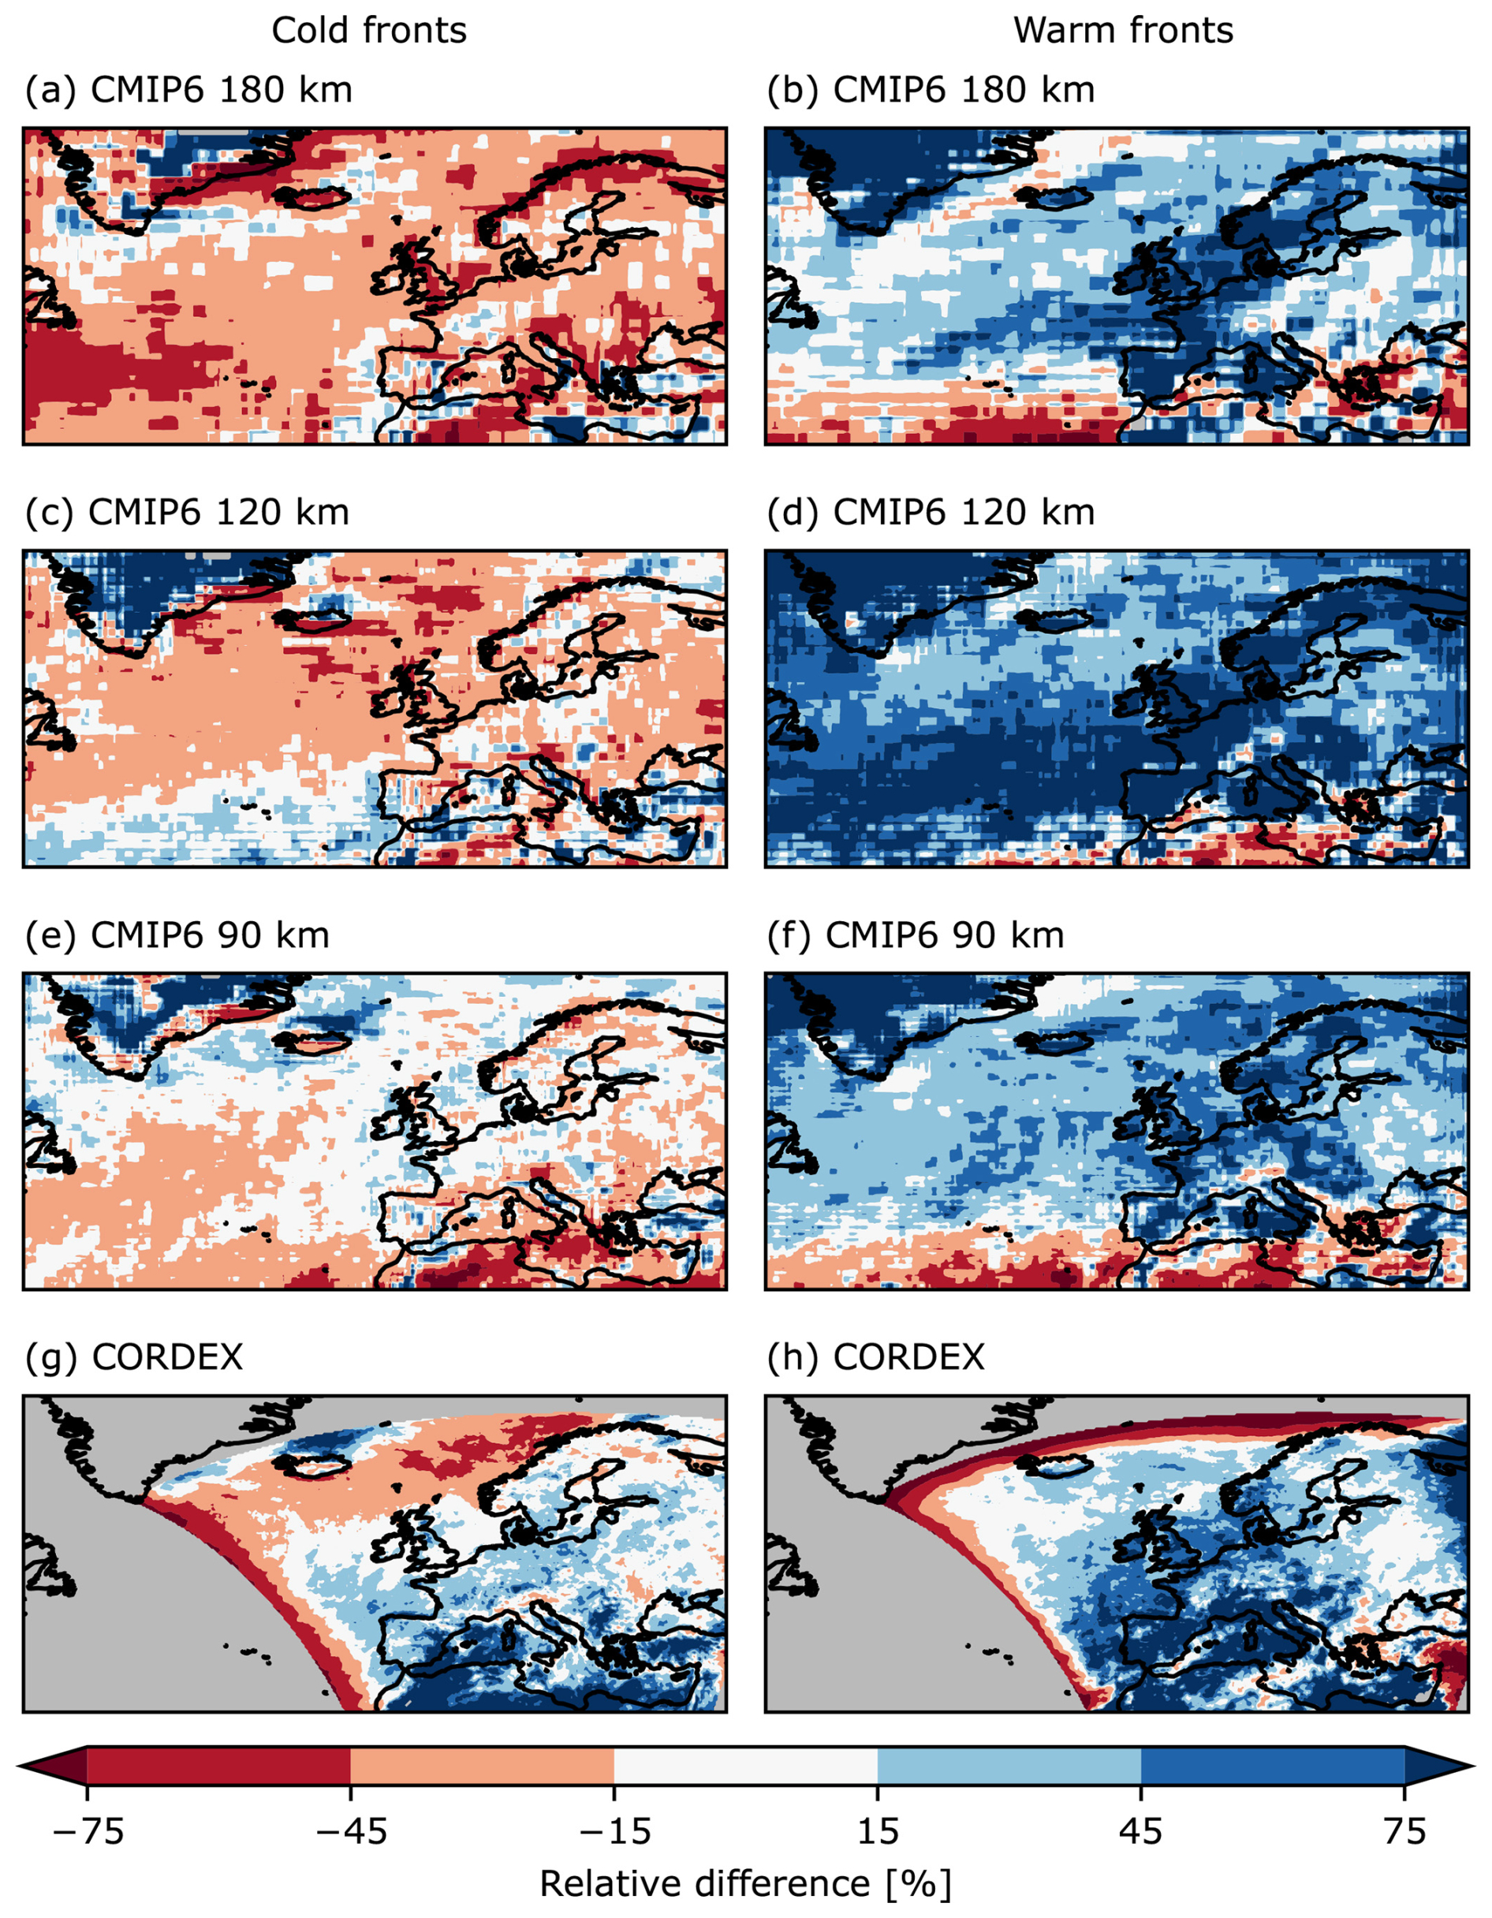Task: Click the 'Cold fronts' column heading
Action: click(x=369, y=32)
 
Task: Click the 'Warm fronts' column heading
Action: click(x=1122, y=32)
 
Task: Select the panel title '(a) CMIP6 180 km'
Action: click(x=188, y=91)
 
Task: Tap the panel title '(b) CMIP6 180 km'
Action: click(x=930, y=91)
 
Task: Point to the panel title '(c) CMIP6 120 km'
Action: click(x=187, y=513)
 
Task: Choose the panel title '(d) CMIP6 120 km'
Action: click(x=930, y=513)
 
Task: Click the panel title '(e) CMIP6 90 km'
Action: click(x=177, y=935)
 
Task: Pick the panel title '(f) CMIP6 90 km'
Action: click(x=915, y=935)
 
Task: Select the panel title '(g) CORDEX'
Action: click(x=133, y=1358)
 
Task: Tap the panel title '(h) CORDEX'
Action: click(x=875, y=1358)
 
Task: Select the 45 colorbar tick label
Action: click(x=1141, y=1832)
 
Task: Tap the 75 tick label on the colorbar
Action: click(x=1404, y=1832)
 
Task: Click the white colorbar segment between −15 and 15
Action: click(x=744, y=1766)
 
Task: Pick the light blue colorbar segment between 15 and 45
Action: click(x=1009, y=1766)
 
